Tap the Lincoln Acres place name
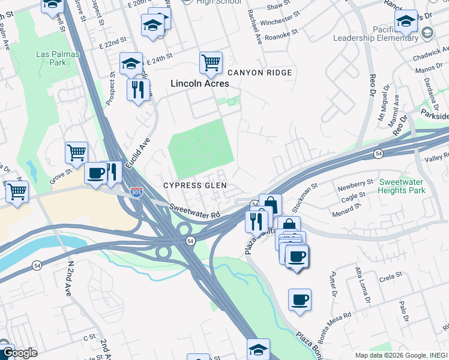(x=200, y=84)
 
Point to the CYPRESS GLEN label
(x=196, y=185)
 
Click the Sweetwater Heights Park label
(x=402, y=185)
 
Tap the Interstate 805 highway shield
(x=137, y=192)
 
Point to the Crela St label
(x=390, y=278)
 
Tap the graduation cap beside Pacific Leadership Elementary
(x=406, y=21)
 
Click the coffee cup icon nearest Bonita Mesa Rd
(x=300, y=299)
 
